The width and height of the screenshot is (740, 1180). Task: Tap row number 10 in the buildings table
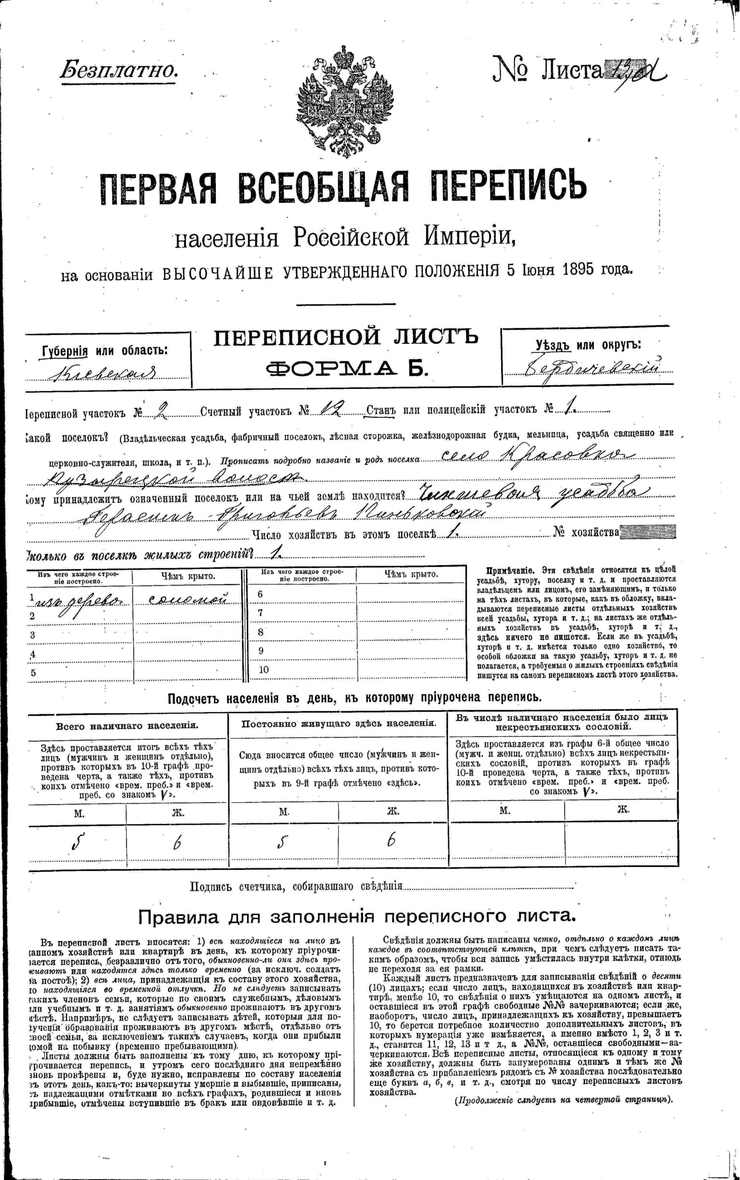point(264,670)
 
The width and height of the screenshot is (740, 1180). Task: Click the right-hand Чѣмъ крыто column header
point(411,575)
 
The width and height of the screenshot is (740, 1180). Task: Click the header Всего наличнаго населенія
point(127,726)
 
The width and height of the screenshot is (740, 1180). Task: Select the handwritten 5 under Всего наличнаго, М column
point(76,841)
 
